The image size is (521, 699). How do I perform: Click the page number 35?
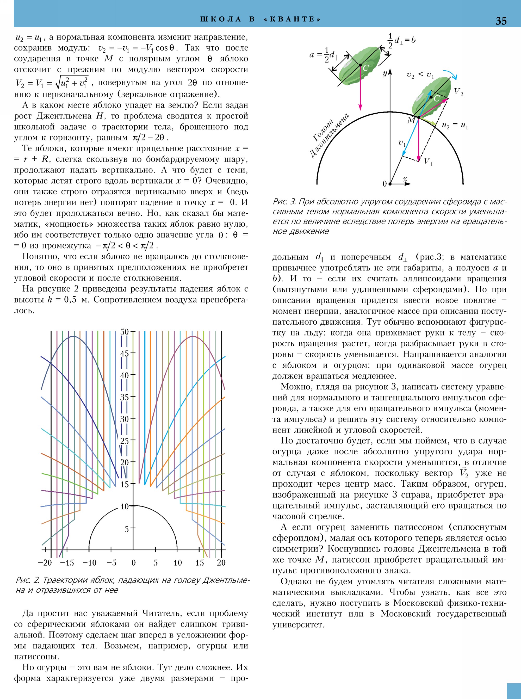[x=501, y=21]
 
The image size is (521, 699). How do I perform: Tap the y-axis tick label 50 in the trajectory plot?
[x=125, y=332]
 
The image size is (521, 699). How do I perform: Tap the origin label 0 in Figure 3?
[x=384, y=184]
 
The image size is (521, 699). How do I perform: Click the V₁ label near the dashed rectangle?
[x=428, y=162]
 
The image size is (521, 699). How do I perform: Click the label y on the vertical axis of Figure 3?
[x=385, y=74]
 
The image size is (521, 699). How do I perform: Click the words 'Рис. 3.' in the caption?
[x=284, y=202]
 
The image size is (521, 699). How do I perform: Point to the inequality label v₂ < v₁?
[x=420, y=75]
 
